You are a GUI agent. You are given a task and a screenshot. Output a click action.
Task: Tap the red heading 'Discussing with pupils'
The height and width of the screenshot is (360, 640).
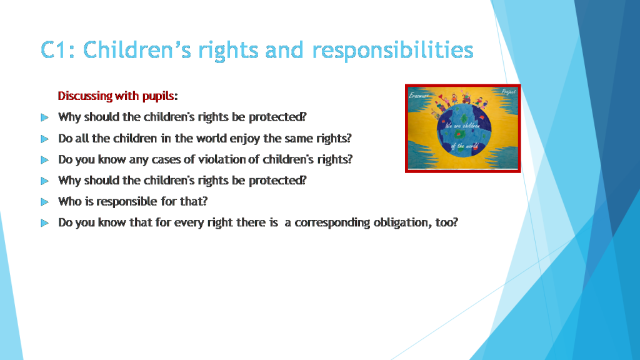[x=116, y=96]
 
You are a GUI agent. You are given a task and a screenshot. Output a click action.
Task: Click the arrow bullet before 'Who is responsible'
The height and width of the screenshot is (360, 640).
[x=44, y=201]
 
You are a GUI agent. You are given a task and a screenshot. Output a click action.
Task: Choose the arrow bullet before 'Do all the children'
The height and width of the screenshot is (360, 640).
[x=44, y=138]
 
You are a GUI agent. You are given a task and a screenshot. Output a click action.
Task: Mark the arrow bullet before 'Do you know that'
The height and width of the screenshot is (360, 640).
[x=44, y=222]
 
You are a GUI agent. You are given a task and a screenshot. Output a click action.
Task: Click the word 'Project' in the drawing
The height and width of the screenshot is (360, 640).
[x=507, y=92]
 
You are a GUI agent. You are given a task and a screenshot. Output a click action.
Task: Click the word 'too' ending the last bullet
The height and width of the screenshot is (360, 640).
[x=447, y=222]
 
